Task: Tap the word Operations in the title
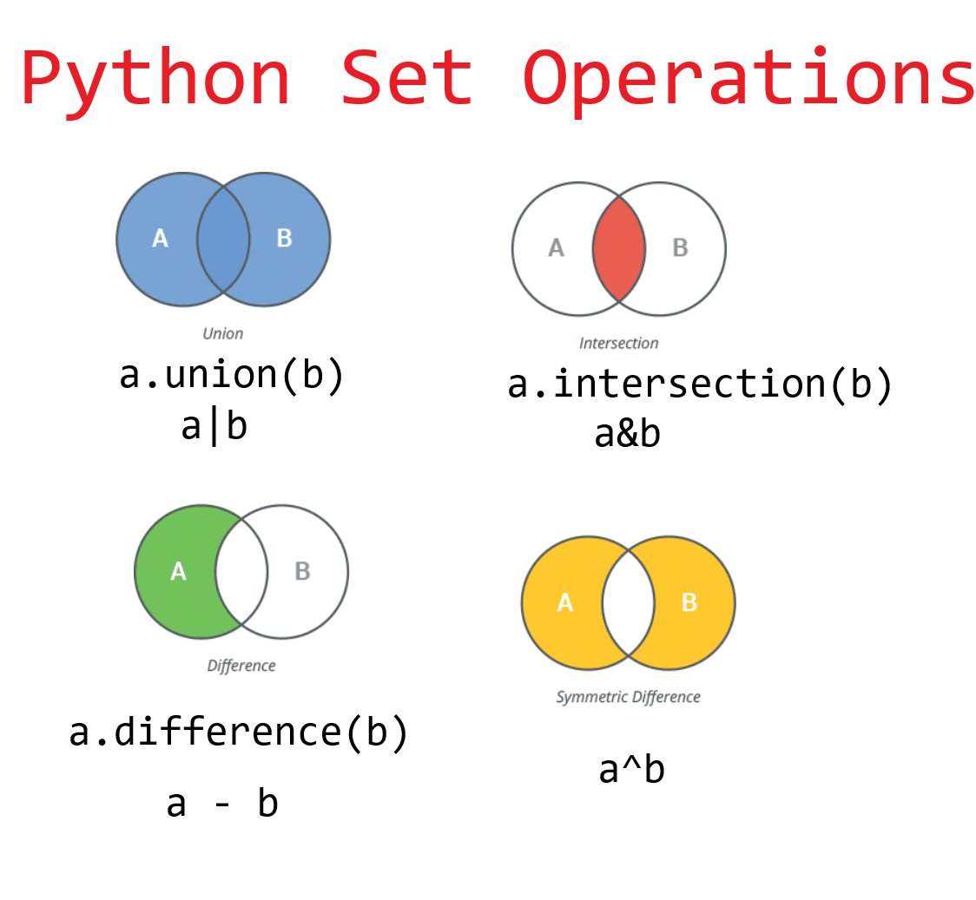[748, 81]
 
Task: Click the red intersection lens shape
[619, 248]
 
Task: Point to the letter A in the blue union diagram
[160, 239]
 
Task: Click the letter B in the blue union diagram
[284, 239]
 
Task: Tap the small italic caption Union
[223, 333]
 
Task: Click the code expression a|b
[214, 427]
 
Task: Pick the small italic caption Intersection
[619, 343]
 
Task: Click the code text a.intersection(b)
[700, 385]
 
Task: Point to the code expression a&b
[627, 434]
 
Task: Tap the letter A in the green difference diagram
[179, 571]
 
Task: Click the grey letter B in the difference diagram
[302, 571]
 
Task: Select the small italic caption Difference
[241, 667]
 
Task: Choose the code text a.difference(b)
[239, 733]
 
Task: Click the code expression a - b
[222, 805]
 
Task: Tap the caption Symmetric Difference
[628, 697]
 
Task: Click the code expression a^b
[631, 771]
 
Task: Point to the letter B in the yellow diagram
[689, 602]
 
